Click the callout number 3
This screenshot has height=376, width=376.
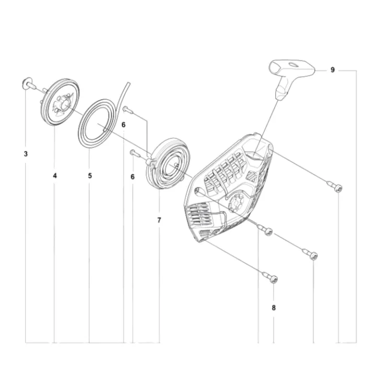click(26, 154)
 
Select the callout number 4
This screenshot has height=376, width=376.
click(55, 176)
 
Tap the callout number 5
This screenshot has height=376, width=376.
click(90, 176)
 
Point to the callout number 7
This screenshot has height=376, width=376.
click(159, 220)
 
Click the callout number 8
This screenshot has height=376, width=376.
click(274, 308)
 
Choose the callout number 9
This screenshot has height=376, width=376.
click(332, 70)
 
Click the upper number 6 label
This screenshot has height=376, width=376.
click(123, 125)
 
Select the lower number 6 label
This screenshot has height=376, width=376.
click(132, 177)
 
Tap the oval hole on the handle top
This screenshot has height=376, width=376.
click(293, 65)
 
